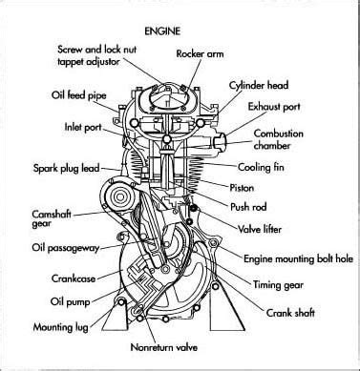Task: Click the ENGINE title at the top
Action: point(162,31)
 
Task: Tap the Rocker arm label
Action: point(200,53)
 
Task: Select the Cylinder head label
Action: point(259,86)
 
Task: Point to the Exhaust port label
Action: point(274,107)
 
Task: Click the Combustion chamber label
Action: point(278,139)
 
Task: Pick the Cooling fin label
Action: point(261,167)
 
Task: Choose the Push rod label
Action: point(248,207)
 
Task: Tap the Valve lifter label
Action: point(260,229)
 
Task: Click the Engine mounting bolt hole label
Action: point(299,258)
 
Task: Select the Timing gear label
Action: point(278,285)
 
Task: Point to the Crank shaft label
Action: point(290,313)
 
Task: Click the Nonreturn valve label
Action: point(164,347)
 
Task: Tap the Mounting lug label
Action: point(61,327)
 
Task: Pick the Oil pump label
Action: point(70,301)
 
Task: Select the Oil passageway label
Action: point(66,248)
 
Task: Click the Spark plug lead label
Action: point(67,168)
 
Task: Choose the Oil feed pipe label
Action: point(79,95)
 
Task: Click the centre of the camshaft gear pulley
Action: point(119,197)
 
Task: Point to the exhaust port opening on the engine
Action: point(220,141)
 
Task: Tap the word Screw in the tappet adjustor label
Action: point(71,50)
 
